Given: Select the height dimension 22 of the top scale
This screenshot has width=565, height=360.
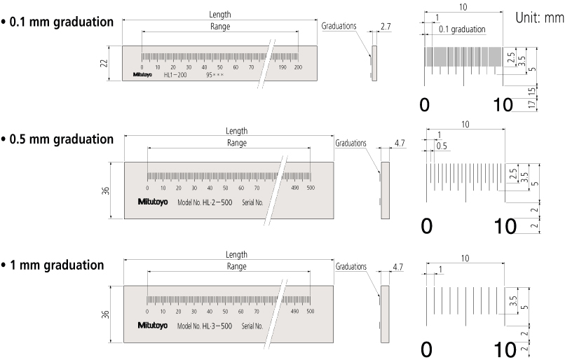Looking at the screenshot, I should pos(104,63).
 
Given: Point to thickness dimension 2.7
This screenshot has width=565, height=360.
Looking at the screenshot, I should pos(386,27).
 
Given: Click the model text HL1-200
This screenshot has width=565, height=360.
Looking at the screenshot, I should pos(175,74).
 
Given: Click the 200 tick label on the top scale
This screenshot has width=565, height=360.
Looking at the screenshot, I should pos(298,67).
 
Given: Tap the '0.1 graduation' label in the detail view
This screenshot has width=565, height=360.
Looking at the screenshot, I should pos(462,29).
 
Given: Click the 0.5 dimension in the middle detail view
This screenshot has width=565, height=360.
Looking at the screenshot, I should pos(442,146).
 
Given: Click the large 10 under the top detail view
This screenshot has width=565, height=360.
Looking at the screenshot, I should pos(503,104).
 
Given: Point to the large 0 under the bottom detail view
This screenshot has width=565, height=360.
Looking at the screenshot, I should pos(426,349).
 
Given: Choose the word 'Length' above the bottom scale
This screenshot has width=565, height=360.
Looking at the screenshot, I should pos(236,254).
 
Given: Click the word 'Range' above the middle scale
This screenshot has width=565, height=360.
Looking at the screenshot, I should pos(236,142).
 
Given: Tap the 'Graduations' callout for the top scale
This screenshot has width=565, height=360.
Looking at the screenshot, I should pos(339,26).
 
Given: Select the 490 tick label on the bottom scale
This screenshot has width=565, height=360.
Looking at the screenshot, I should pos(294,311).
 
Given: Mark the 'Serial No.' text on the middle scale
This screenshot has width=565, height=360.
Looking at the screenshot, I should pos(252,202).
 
